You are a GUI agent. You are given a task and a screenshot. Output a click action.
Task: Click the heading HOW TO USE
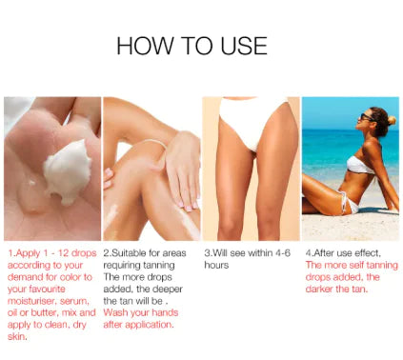coord(191,46)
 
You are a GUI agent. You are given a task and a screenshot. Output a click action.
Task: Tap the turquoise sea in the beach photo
coord(329,152)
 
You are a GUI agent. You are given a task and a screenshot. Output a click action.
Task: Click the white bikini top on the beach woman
coord(360,163)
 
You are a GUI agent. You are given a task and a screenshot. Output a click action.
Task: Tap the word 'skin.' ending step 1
coord(17,335)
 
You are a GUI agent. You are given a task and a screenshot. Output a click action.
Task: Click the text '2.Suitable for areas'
coord(145,252)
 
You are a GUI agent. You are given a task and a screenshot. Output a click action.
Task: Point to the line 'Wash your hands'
coord(138,311)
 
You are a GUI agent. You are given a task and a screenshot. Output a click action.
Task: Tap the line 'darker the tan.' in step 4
coord(334,288)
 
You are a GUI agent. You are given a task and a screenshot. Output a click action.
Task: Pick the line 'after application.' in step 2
coord(139,324)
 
